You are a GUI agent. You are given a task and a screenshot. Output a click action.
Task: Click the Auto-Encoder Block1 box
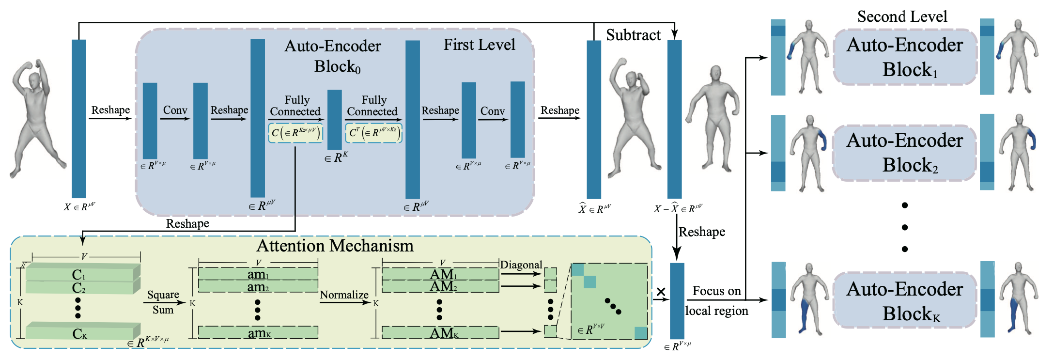[905, 57]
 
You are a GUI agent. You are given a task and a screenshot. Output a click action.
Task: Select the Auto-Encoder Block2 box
[905, 153]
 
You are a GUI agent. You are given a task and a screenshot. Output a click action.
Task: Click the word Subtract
[633, 35]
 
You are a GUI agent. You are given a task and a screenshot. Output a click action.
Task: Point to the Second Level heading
[902, 16]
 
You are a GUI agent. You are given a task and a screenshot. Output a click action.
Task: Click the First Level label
[479, 45]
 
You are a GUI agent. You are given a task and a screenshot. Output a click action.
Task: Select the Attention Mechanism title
[335, 246]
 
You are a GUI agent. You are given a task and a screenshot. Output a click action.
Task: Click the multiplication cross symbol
[661, 292]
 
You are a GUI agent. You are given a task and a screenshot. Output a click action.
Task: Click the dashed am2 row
[258, 286]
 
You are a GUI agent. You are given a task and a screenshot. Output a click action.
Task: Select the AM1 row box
[440, 274]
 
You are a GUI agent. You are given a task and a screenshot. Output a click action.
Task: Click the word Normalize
[344, 295]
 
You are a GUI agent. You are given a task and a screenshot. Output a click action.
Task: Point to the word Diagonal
[521, 265]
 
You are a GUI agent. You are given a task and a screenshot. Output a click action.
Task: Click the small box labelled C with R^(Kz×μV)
[295, 133]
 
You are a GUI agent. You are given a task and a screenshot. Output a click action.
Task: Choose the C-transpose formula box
[373, 133]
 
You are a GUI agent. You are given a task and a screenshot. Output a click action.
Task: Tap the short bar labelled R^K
[335, 120]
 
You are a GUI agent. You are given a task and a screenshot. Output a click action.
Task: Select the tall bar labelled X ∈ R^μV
[79, 119]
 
